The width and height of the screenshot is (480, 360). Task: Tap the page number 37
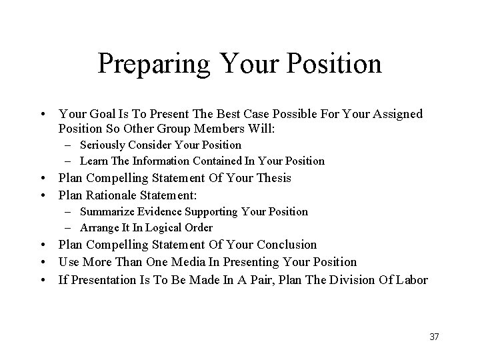434,337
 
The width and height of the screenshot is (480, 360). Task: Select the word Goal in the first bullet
99,114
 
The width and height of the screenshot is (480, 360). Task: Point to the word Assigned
395,114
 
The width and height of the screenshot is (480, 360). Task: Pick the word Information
161,161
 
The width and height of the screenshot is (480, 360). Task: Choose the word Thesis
273,178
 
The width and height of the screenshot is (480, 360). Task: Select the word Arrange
97,227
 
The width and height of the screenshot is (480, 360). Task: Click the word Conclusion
285,245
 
